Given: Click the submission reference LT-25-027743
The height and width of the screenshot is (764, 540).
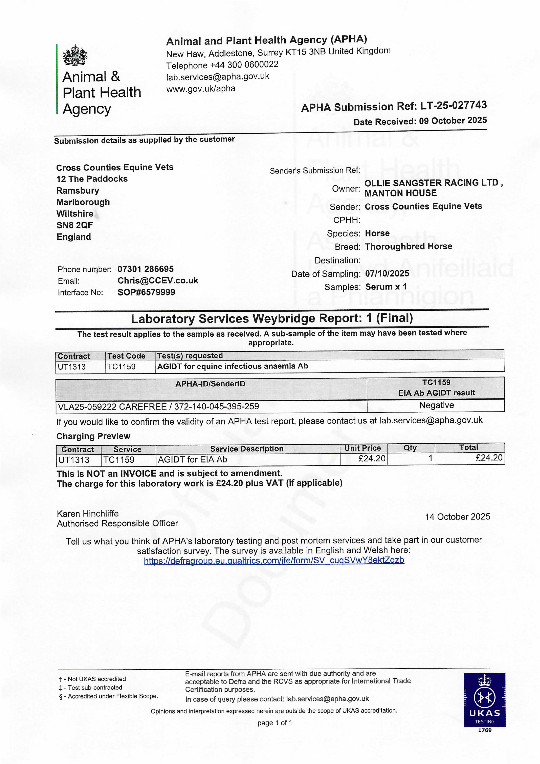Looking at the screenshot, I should point(453,105).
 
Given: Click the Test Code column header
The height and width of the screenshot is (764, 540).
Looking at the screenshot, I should point(126,356).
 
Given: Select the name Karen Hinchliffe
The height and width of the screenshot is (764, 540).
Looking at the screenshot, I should point(88,513).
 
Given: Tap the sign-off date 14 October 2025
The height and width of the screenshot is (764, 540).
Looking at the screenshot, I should point(457,517).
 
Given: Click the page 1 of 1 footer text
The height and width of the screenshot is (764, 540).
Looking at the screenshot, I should point(275,723).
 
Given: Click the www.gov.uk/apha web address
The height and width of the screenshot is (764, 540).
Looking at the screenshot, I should point(201,89).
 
